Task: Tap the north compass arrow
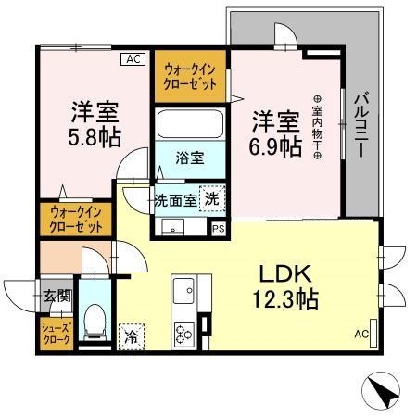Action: click(382, 389)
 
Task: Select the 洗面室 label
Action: click(173, 199)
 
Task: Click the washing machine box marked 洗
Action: click(213, 197)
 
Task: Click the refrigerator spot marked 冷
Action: click(132, 335)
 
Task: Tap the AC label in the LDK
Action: click(361, 334)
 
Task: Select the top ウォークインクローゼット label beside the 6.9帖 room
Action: click(191, 75)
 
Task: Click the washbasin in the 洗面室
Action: click(171, 227)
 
